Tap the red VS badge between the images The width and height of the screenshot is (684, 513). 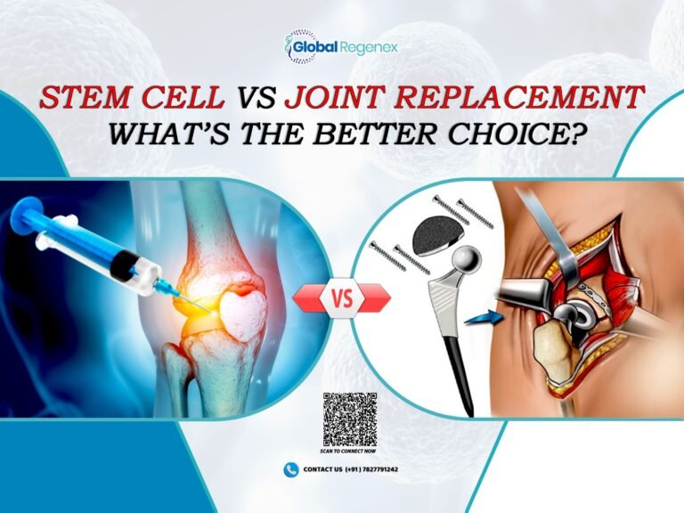(x=342, y=298)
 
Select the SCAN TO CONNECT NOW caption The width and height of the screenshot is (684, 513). (x=349, y=451)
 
